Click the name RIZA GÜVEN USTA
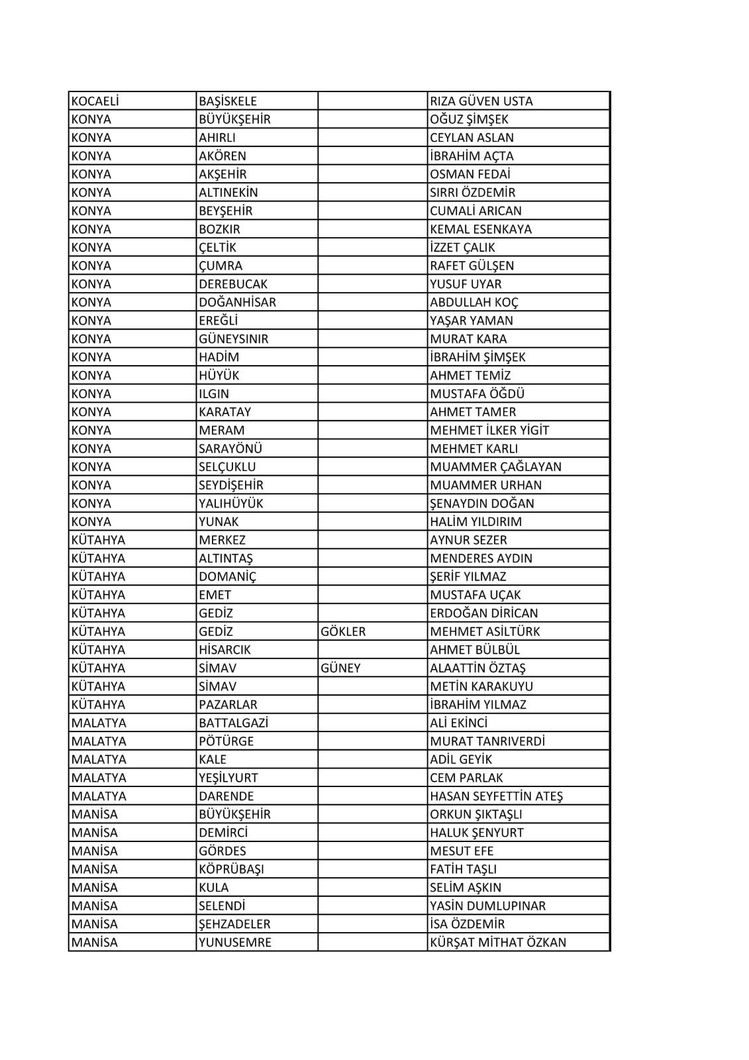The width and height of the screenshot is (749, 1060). pos(481,101)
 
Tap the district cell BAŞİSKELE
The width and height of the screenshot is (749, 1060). pos(228,101)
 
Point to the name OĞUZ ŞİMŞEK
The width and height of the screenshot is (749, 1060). pos(470,119)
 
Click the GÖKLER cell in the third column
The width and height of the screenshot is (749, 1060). pos(343,631)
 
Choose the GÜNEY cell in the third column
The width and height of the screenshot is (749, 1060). pos(340,668)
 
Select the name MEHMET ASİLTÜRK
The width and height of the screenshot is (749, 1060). pos(485,631)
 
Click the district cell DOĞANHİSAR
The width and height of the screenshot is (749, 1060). pos(237,302)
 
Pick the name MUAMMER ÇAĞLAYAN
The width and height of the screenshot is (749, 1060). pos(495,466)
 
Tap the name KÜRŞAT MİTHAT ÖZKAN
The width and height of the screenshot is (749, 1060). pos(498,942)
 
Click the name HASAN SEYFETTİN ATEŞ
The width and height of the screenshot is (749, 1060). pos(496,796)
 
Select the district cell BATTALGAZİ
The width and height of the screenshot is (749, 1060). pos(234,723)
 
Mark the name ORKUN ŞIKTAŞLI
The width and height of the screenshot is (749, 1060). pos(476,814)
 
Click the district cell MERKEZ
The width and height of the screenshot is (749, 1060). pos(222,540)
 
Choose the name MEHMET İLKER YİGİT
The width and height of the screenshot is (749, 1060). pos(489,430)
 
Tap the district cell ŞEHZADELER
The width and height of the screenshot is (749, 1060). pos(234,924)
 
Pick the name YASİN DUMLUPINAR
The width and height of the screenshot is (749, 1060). pos(487,906)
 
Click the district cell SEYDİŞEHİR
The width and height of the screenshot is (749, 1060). pos(231,485)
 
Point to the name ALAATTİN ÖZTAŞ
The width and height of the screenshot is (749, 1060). pos(477,668)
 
